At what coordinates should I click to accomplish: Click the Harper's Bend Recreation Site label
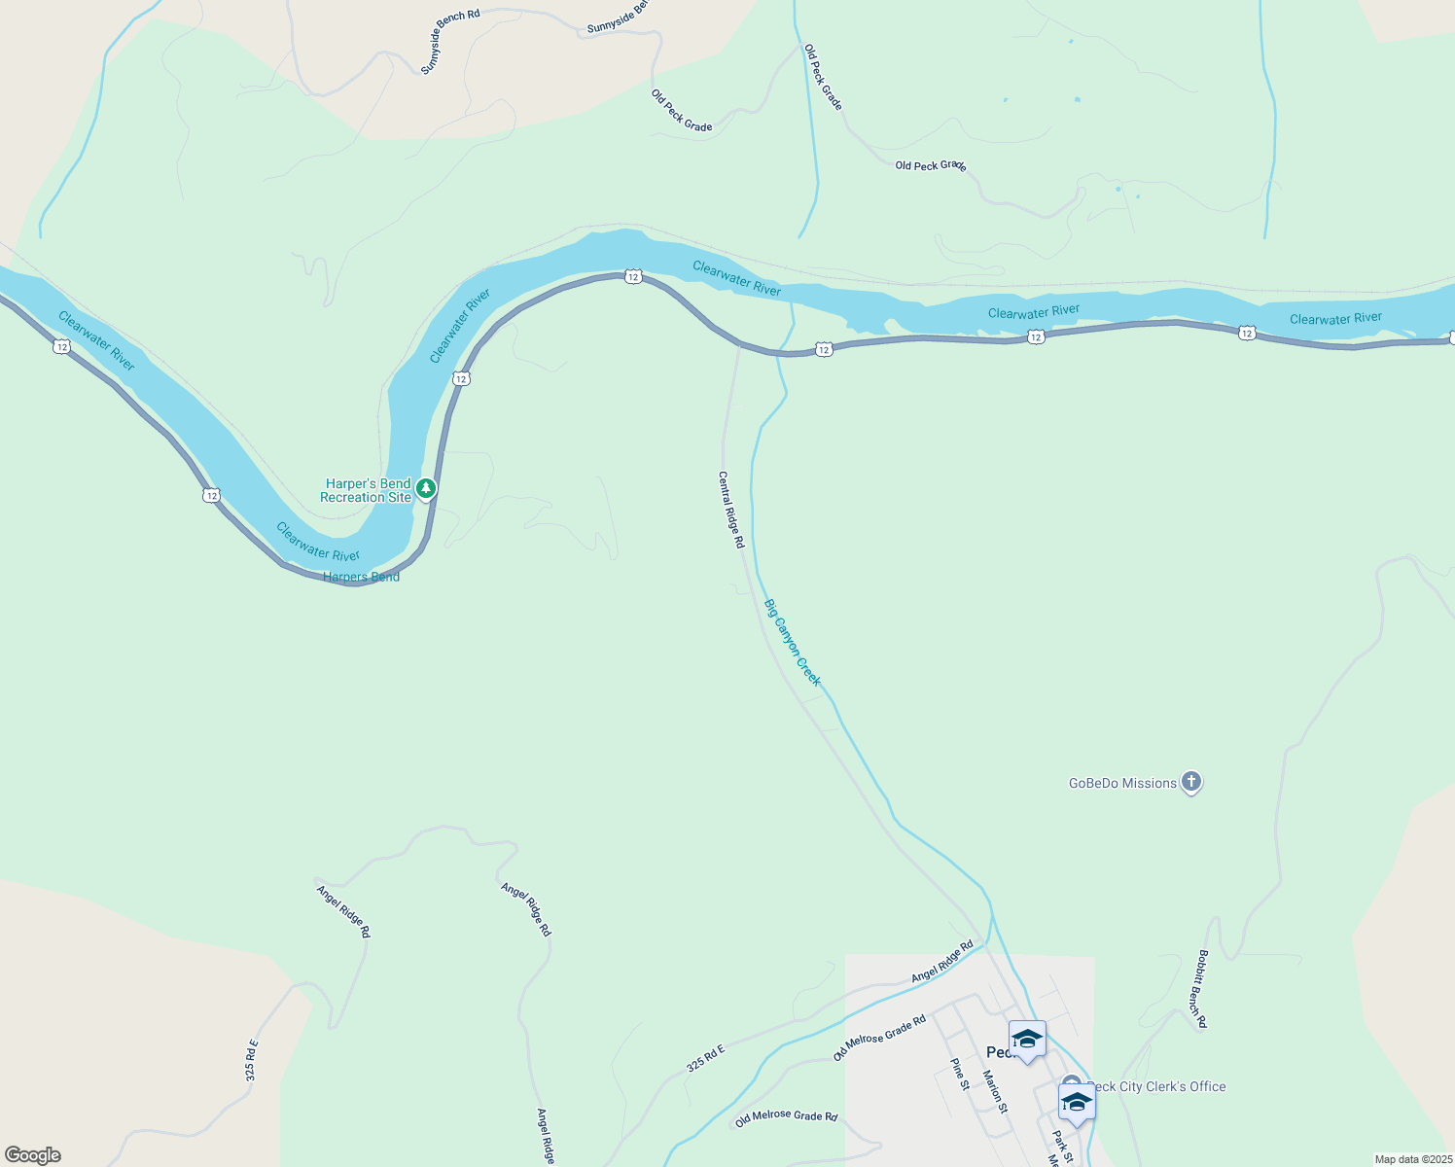click(367, 490)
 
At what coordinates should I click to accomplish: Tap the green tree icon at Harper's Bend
click(426, 488)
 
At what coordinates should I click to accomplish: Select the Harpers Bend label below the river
click(361, 577)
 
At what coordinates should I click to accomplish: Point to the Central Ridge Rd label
click(731, 510)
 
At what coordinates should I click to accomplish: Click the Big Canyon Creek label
click(793, 643)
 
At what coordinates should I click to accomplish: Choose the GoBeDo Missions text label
click(1122, 783)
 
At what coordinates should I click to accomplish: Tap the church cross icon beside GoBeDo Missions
click(1191, 782)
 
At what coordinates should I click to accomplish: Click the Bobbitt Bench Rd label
click(1202, 989)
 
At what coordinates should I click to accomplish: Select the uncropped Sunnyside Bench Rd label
click(450, 42)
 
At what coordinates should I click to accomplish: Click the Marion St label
click(995, 1091)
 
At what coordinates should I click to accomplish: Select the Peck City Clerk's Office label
click(1157, 1086)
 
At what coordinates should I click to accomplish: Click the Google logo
click(32, 1155)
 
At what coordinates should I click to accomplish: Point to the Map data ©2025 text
click(1413, 1159)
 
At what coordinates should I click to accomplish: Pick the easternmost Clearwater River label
click(1335, 319)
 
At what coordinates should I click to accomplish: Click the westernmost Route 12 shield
click(61, 347)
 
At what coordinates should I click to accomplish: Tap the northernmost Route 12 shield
click(633, 277)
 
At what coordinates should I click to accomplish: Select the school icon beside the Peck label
click(1027, 1040)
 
